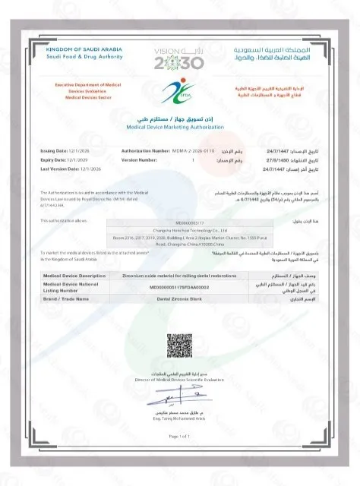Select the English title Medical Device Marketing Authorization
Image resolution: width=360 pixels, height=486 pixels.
[x=179, y=128]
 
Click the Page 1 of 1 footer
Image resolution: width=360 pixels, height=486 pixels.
[x=179, y=437]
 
